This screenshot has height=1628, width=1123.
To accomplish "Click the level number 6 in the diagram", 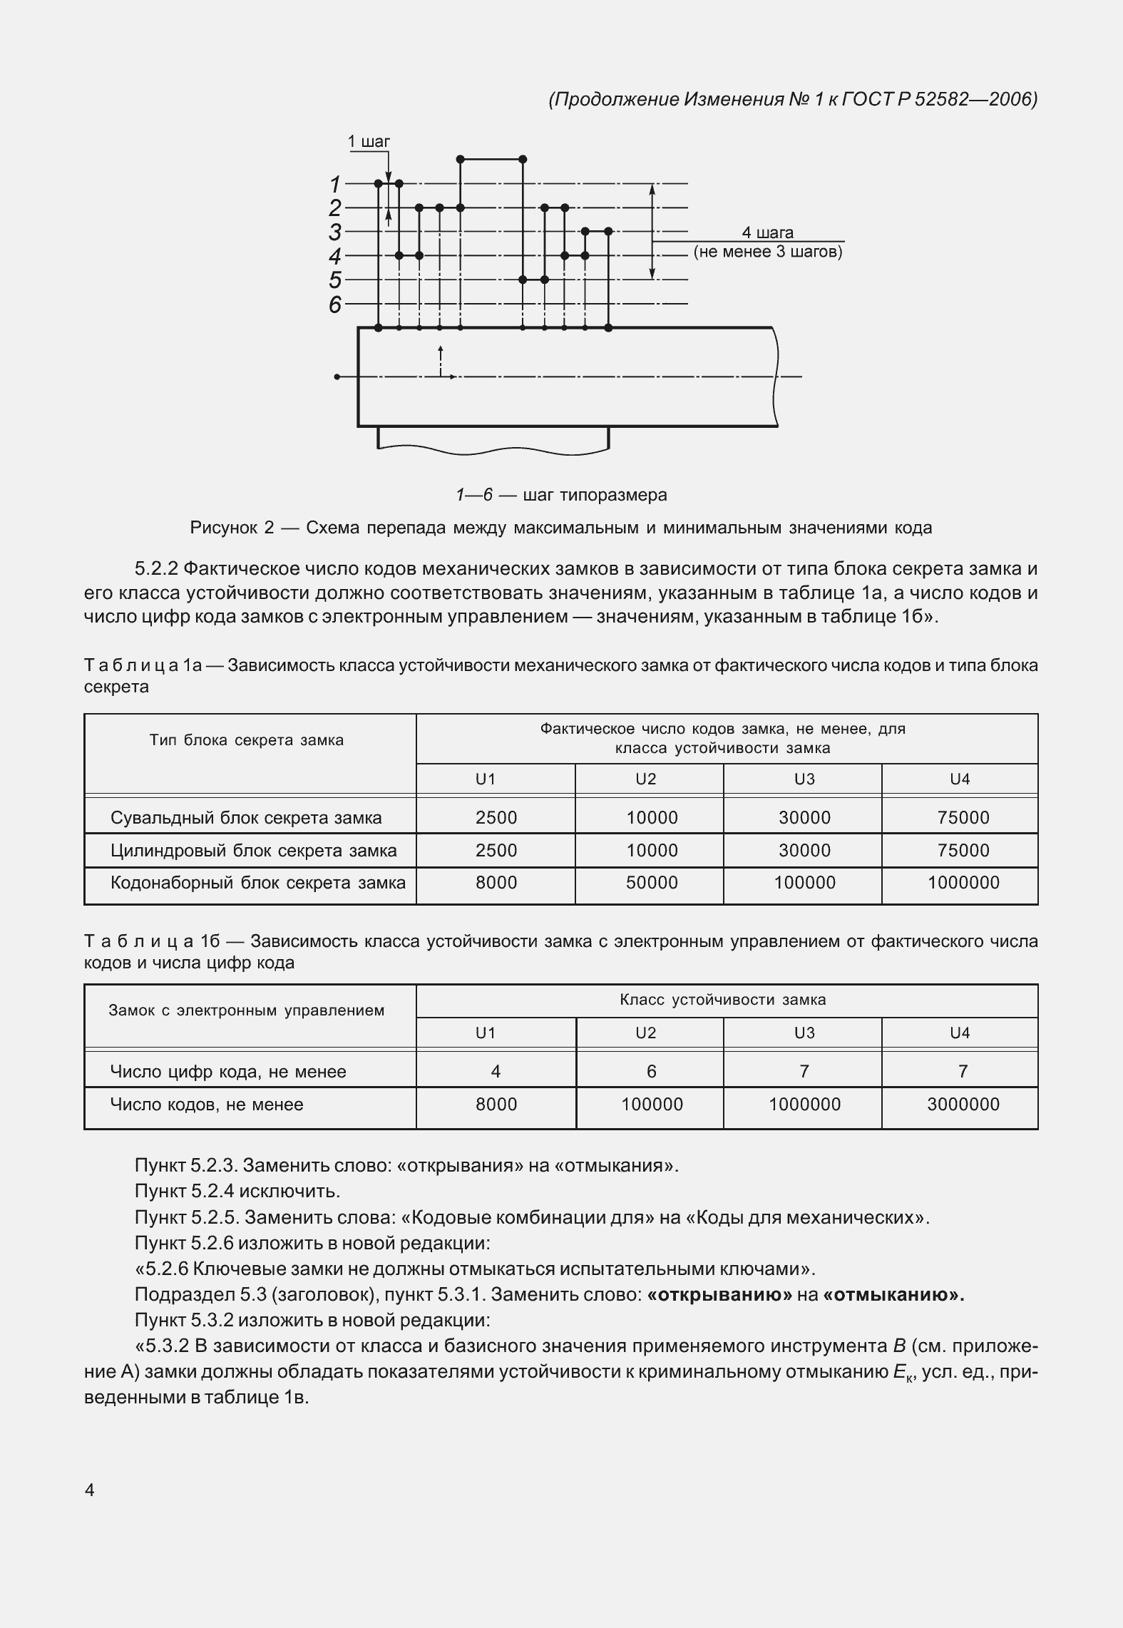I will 335,304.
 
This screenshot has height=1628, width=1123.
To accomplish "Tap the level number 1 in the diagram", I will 335,185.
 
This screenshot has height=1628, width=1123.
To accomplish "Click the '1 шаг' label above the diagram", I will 369,141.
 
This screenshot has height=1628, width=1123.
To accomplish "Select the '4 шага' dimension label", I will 767,232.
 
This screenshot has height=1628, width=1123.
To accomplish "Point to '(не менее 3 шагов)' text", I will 768,252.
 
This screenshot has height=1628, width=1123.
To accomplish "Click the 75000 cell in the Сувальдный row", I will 963,817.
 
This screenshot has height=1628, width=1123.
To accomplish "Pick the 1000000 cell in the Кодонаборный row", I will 963,883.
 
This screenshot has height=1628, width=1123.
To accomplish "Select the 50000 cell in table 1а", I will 652,883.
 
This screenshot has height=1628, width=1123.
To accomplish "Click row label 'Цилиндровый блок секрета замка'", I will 253,850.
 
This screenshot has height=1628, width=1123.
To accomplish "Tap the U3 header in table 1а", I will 804,779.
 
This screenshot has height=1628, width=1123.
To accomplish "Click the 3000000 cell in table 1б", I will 963,1105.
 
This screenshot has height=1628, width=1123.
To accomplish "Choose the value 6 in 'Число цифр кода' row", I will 651,1071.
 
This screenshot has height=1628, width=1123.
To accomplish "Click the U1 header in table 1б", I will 486,1033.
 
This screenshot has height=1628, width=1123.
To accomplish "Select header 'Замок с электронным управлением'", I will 247,1010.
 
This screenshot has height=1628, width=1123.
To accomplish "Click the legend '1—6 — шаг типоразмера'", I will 561,494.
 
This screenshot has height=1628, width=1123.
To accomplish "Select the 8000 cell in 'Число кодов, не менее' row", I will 496,1105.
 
